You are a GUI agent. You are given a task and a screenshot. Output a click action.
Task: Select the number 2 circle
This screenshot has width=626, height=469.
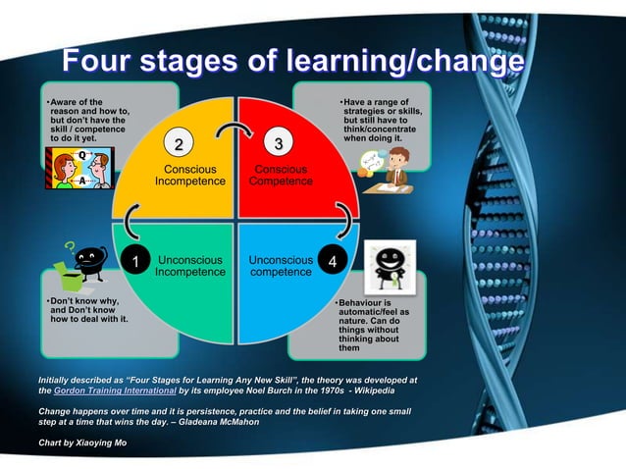[178, 146]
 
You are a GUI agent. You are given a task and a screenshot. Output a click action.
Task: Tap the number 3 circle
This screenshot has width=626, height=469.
[280, 146]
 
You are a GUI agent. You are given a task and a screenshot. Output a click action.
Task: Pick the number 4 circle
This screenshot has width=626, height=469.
[334, 262]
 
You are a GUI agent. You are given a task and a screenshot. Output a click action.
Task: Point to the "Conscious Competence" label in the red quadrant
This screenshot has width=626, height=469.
[281, 176]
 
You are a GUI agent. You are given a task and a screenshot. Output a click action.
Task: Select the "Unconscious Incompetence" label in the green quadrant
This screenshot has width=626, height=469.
[190, 266]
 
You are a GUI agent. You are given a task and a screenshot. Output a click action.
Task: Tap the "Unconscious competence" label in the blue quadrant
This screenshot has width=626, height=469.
[281, 266]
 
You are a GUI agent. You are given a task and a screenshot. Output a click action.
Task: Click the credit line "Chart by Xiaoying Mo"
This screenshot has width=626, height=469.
[81, 443]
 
